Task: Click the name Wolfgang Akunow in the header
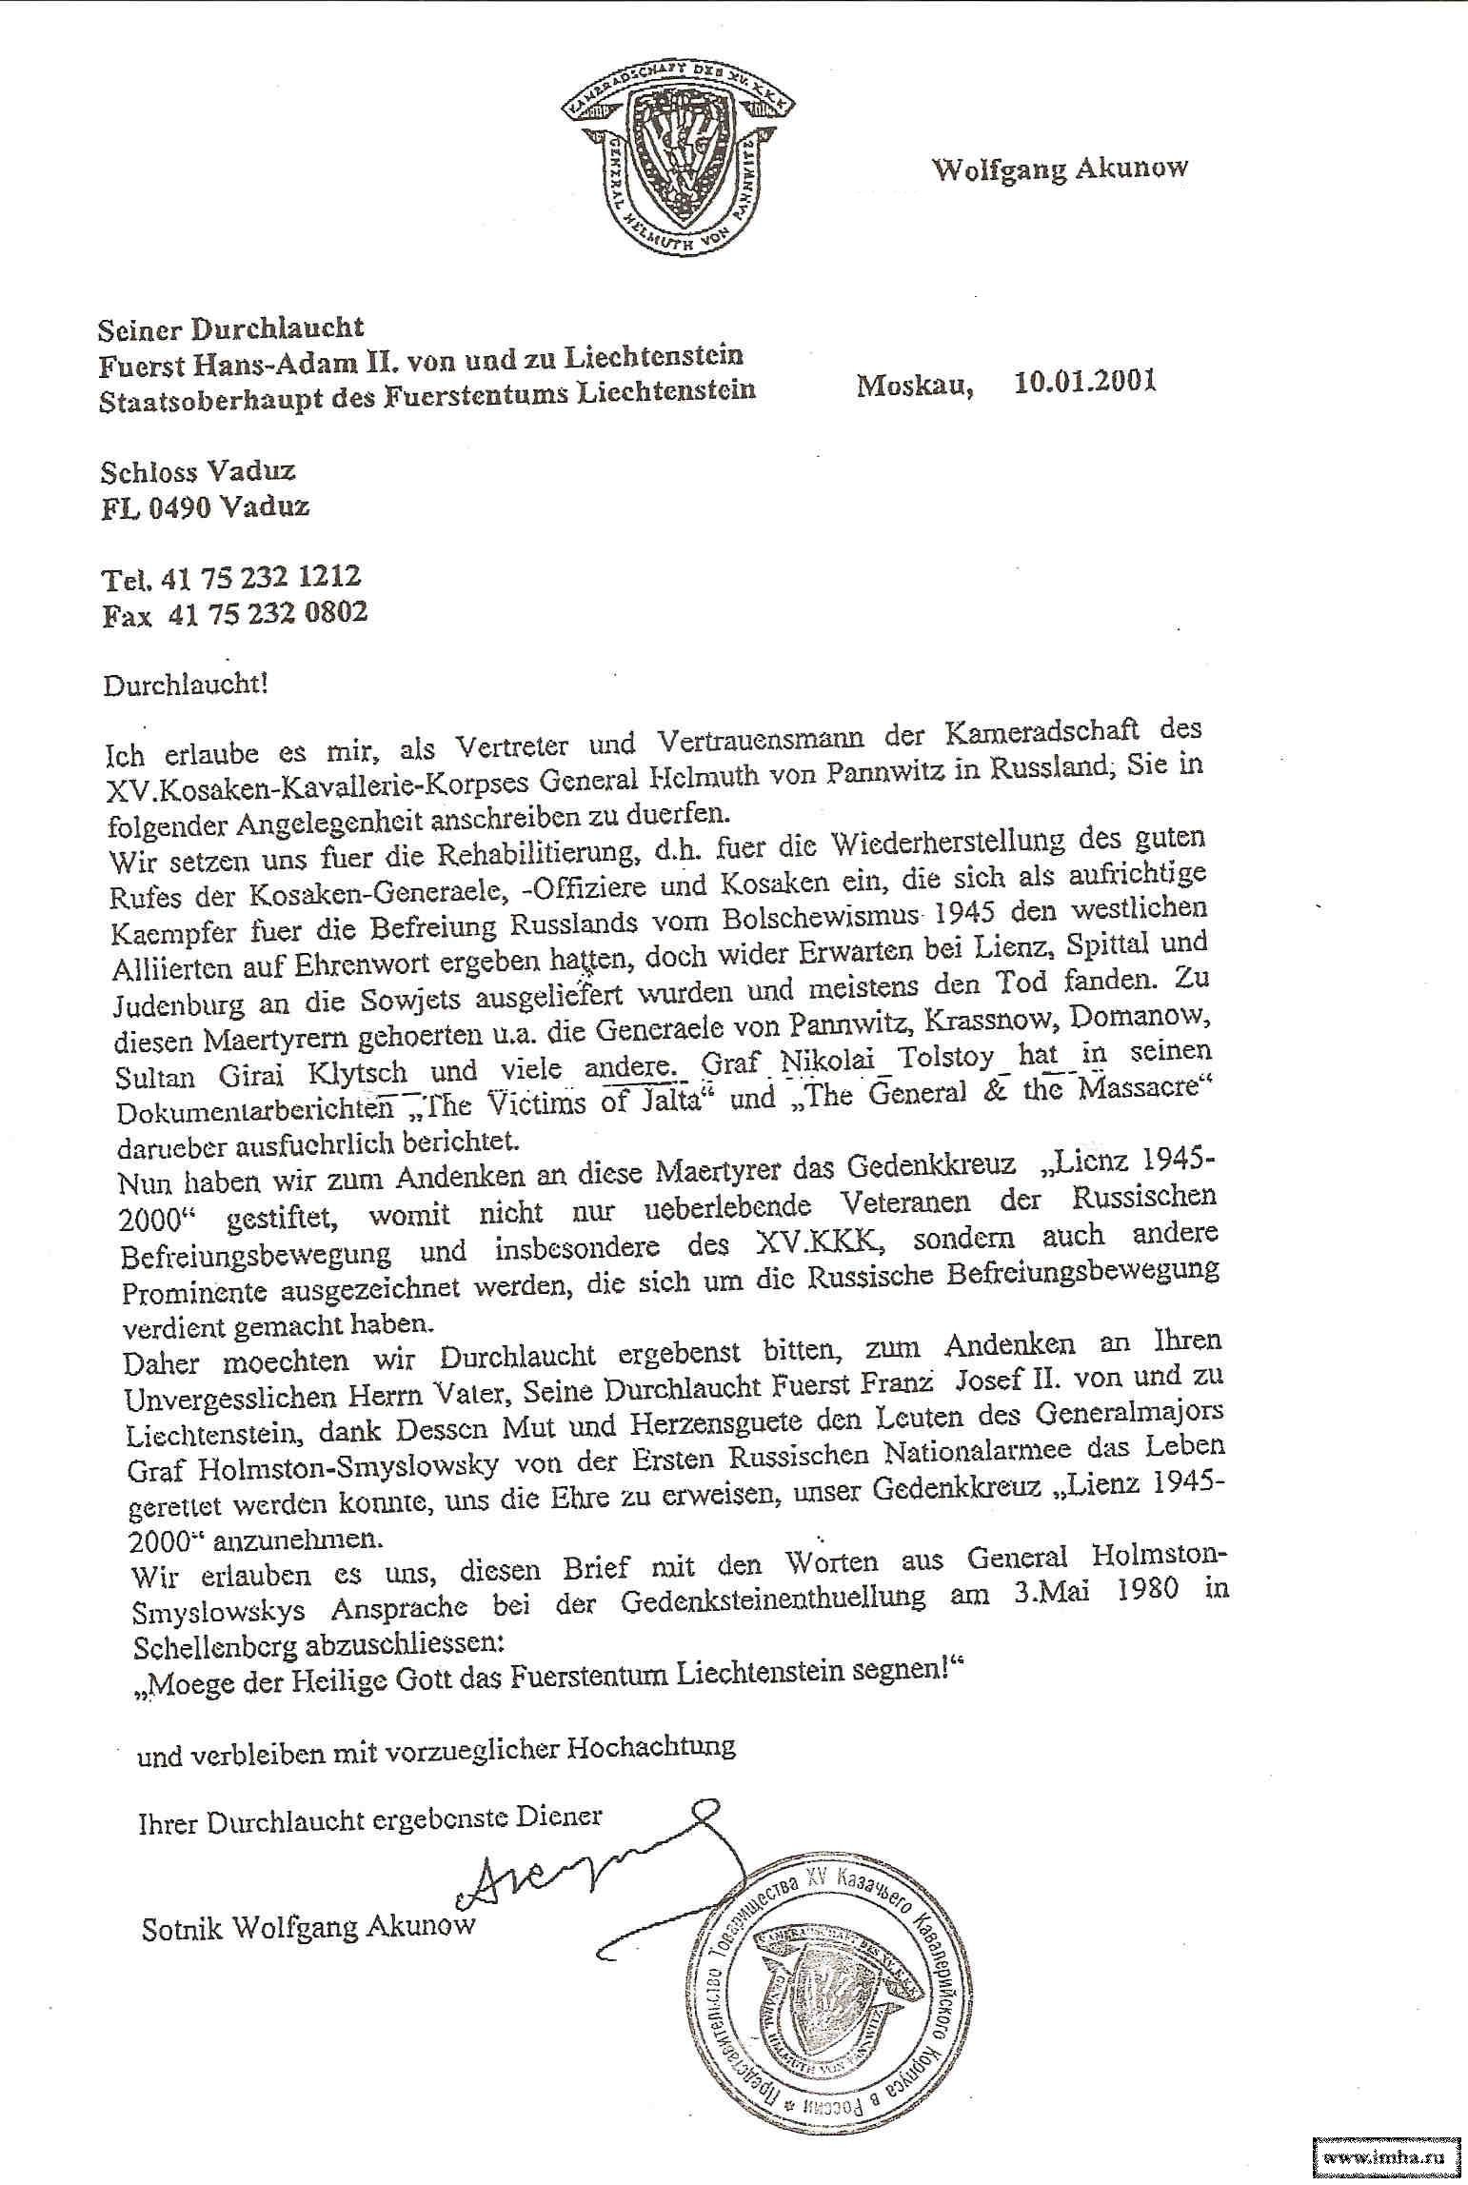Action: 1060,169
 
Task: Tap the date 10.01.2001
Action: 1084,384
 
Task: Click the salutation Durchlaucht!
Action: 186,685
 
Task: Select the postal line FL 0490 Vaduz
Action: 206,507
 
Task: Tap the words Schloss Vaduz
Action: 198,472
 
